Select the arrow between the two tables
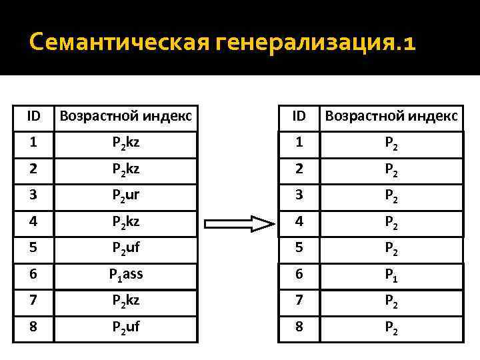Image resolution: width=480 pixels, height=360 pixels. (x=239, y=223)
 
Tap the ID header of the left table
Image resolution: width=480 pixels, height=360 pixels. (x=33, y=116)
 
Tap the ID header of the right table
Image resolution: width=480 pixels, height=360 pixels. (x=299, y=116)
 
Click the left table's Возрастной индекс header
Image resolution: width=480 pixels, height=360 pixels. (x=125, y=116)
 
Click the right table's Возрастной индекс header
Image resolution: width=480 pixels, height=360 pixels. (x=391, y=116)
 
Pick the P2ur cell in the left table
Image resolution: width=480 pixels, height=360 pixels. (x=125, y=197)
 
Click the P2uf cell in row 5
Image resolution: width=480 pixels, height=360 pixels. (x=125, y=250)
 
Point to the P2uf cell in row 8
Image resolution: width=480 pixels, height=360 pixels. (x=125, y=329)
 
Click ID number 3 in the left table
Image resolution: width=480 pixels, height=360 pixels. (x=33, y=197)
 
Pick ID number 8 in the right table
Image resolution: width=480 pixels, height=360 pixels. (x=299, y=329)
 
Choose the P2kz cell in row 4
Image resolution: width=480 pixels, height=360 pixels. (x=125, y=224)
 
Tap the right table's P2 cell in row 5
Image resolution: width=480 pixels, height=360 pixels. (x=391, y=250)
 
